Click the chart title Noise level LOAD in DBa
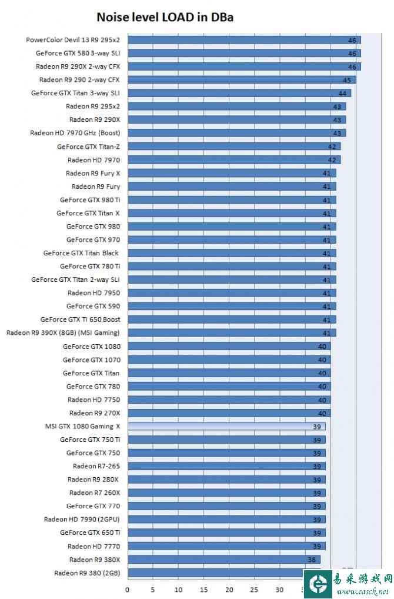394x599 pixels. click(165, 18)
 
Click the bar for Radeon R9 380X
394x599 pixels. click(223, 560)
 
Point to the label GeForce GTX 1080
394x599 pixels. click(92, 347)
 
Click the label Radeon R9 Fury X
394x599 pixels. click(93, 174)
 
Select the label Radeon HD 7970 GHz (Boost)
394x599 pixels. click(75, 133)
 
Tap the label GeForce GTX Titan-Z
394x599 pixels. click(89, 147)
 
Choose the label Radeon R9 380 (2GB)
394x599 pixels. click(87, 573)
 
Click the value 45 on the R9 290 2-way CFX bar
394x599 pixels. click(347, 80)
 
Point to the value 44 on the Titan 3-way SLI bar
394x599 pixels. click(342, 94)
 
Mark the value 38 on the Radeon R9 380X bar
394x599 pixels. click(312, 560)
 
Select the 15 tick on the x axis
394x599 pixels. click(203, 589)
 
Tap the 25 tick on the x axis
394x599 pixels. click(254, 589)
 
